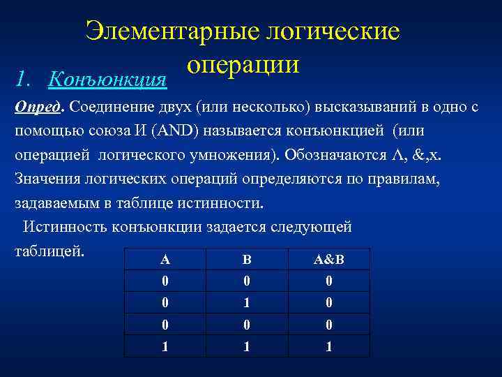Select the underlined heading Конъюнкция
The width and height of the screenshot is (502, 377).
point(107,79)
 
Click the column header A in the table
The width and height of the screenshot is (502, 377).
point(165,260)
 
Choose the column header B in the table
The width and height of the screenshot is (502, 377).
point(246,260)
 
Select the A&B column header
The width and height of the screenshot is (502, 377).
point(329,260)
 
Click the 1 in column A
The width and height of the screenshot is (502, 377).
point(165,346)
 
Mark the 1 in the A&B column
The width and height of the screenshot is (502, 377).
point(329,346)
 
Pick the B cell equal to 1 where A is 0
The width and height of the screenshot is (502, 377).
point(246,304)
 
